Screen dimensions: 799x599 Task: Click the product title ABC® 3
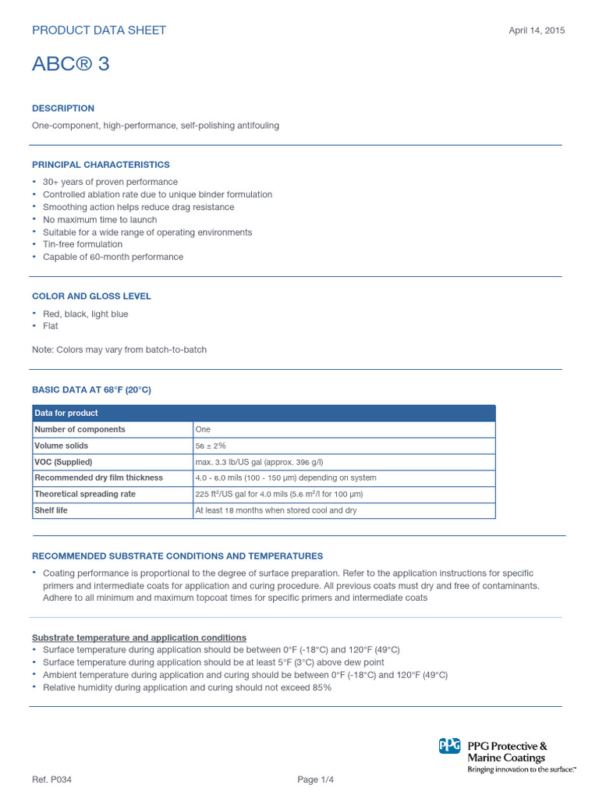[70, 64]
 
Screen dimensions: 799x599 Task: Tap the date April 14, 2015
[537, 30]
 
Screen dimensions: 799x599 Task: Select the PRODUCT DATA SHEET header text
[99, 30]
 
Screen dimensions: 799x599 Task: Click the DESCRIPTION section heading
[63, 108]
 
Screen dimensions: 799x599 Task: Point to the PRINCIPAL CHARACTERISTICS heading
[101, 165]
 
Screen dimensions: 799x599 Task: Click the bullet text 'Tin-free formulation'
[83, 244]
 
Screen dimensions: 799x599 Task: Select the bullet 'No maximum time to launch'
[100, 219]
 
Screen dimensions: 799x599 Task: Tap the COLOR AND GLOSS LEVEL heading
[91, 297]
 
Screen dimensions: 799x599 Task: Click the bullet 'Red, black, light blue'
[86, 314]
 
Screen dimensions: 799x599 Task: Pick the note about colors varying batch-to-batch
[119, 350]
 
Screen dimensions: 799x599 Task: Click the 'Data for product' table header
[66, 413]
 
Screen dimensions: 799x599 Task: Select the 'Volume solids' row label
[62, 446]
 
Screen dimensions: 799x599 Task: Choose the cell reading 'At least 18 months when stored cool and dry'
[275, 510]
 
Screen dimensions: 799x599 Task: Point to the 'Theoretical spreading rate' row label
[85, 494]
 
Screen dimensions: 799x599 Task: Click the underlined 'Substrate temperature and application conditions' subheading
[139, 637]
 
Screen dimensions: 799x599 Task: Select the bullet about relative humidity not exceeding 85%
[187, 687]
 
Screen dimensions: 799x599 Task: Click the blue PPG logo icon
[450, 747]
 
